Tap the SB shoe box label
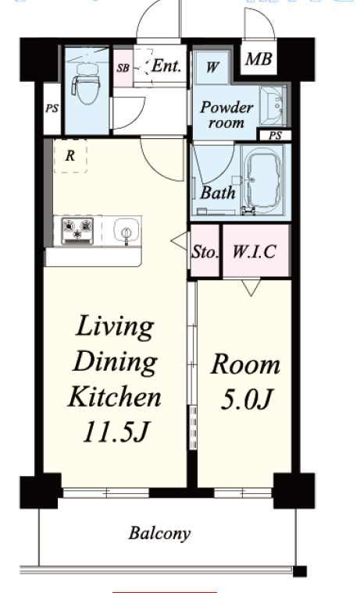[x=123, y=68]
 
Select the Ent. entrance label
[x=166, y=66]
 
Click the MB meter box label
[x=258, y=59]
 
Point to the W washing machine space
[x=212, y=67]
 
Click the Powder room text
[x=226, y=115]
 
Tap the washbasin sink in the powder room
[x=273, y=105]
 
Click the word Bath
[x=218, y=193]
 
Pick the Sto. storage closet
[x=205, y=250]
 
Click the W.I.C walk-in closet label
[x=254, y=251]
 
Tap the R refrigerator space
[x=70, y=156]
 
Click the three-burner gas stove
[x=77, y=230]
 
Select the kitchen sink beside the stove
[x=126, y=230]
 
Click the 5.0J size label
[x=246, y=399]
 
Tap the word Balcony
[x=159, y=534]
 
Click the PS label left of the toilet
[x=52, y=108]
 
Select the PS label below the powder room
[x=275, y=136]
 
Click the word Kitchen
[x=114, y=396]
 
